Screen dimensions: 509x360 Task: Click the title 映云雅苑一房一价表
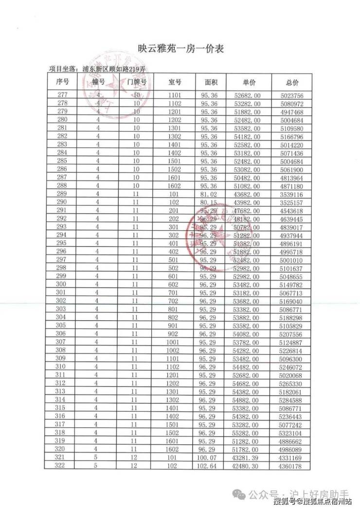(x=180, y=50)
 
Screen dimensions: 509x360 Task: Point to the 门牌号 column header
(x=137, y=82)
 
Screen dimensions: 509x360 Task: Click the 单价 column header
(x=249, y=82)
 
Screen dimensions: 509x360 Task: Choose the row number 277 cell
(x=62, y=95)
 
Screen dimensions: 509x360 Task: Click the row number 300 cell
(x=62, y=284)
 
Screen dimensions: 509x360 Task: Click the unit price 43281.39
(x=249, y=458)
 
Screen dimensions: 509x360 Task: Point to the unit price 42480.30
(x=249, y=466)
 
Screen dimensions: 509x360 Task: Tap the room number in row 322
(x=175, y=466)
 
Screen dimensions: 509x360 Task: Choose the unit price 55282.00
(x=249, y=433)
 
